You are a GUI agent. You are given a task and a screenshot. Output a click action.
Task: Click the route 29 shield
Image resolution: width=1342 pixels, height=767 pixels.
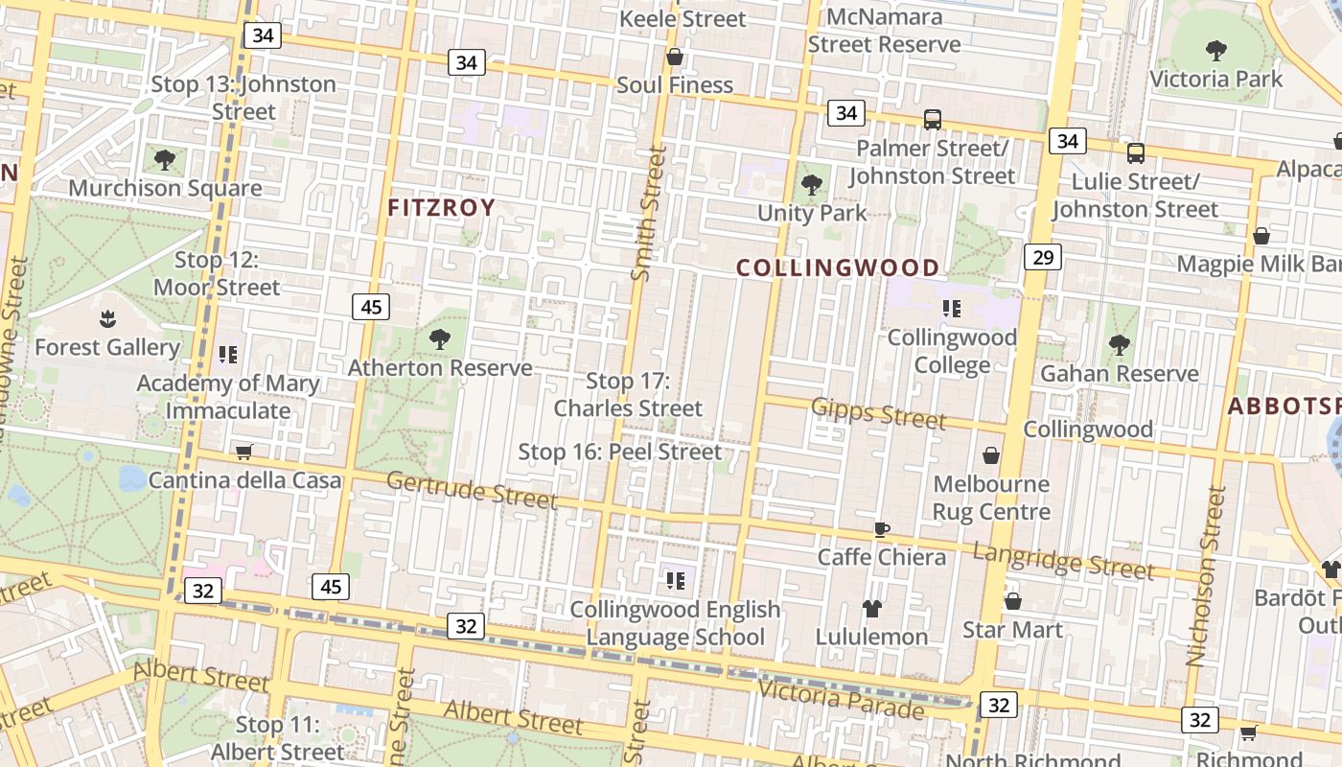coord(1043,256)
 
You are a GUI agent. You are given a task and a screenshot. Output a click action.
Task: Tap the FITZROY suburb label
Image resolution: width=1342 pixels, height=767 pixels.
coord(442,207)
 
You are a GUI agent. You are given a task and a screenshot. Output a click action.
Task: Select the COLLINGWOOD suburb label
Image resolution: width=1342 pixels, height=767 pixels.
coord(838,267)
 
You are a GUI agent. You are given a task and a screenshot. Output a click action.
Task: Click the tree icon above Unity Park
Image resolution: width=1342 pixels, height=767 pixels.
coord(812,183)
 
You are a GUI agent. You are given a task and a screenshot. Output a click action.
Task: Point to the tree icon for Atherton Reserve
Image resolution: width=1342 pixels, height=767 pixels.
coord(440,337)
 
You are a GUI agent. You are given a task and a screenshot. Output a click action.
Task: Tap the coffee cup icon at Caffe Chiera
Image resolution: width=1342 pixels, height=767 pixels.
coord(882,529)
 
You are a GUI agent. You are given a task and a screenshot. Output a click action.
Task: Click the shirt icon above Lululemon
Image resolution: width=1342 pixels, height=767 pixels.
coord(871,608)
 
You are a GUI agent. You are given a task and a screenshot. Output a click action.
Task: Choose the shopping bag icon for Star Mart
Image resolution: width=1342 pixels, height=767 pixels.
coord(1013,601)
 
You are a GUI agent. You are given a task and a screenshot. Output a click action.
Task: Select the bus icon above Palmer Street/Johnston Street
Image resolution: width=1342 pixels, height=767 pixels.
coord(932,120)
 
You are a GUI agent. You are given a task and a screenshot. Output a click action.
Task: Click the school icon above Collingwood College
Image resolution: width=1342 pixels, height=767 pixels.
coord(951,308)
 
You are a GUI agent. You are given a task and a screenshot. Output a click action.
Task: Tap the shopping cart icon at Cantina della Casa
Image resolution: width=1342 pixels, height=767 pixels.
coord(243,451)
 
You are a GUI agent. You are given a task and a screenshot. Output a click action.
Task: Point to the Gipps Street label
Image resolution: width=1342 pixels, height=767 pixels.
coord(878,412)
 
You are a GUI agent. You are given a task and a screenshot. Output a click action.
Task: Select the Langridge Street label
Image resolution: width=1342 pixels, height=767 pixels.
coord(1063,561)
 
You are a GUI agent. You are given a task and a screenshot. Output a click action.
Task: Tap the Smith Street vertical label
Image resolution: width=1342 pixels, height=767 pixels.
coord(649,213)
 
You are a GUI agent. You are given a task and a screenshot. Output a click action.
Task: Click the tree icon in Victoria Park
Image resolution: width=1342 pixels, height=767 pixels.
coord(1215,50)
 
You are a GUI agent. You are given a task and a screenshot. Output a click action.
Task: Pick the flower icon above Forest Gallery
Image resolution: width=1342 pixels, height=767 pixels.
coord(106,317)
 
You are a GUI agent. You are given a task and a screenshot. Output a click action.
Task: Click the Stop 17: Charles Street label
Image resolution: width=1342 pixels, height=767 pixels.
coord(628,394)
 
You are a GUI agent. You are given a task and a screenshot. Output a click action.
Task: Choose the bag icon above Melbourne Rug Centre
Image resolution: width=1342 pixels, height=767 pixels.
coord(991,454)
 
